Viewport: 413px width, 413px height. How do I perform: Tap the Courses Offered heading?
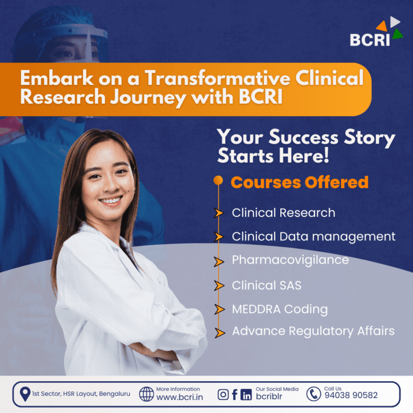[x=300, y=182]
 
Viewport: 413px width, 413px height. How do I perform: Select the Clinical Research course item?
[x=283, y=212]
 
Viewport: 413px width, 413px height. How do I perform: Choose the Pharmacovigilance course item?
[x=290, y=260]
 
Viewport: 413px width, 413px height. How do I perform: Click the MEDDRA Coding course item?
[x=280, y=309]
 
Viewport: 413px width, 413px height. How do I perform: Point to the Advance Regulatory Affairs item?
[x=313, y=331]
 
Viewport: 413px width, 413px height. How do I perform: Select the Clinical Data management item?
[x=314, y=236]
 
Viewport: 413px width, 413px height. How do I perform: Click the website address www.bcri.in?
[x=179, y=397]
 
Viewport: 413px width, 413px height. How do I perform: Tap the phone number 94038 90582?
[x=351, y=395]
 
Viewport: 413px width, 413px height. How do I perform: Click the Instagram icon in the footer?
[x=223, y=395]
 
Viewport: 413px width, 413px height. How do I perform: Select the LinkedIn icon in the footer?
[x=246, y=395]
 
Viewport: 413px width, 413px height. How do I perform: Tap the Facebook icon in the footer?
[x=234, y=395]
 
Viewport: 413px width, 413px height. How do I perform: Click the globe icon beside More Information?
[x=146, y=394]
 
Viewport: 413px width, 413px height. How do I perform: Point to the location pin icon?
[x=25, y=394]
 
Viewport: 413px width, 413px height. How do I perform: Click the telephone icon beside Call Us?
[x=314, y=394]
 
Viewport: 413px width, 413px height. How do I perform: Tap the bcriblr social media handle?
[x=269, y=397]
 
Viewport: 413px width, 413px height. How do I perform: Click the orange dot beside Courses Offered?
[x=218, y=181]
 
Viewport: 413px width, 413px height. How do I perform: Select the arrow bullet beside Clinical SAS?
[x=219, y=286]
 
